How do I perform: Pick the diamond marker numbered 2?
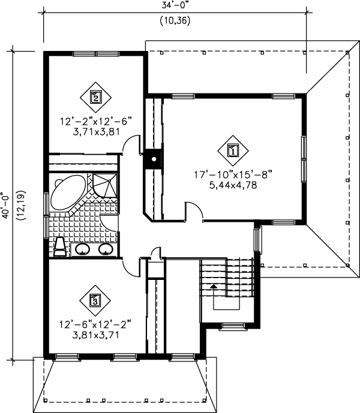95,95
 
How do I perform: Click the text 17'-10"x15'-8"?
233,175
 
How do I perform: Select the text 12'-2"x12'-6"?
95,121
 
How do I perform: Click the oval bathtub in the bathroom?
68,193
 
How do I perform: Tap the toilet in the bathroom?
60,246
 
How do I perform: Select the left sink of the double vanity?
83,249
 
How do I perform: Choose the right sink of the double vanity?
106,249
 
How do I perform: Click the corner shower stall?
103,185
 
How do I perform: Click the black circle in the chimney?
154,159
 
